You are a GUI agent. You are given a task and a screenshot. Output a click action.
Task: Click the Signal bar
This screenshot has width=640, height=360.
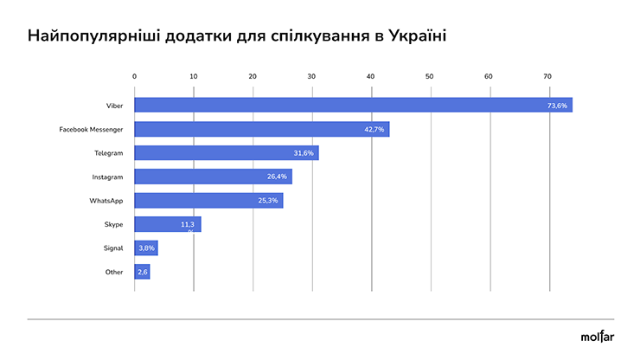(146, 248)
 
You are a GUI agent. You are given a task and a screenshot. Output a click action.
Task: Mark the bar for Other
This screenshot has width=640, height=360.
(143, 272)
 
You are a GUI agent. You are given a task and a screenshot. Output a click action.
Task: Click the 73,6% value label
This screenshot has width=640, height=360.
(557, 106)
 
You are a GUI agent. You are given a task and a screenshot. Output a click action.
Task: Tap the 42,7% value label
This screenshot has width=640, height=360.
(374, 129)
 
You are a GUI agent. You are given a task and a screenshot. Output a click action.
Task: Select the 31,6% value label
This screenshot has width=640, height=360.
(303, 153)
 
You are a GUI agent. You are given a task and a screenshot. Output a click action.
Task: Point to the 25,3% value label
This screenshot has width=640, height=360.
(267, 201)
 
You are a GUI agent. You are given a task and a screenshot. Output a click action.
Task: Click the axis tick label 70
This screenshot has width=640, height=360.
(547, 77)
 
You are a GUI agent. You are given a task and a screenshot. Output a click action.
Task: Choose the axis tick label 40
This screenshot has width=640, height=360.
(370, 77)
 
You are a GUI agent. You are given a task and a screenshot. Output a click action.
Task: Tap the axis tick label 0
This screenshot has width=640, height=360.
(135, 77)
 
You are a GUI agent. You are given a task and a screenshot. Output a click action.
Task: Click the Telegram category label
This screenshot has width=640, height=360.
(109, 153)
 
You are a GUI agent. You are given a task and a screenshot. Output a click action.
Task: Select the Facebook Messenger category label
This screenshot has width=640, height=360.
(91, 129)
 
